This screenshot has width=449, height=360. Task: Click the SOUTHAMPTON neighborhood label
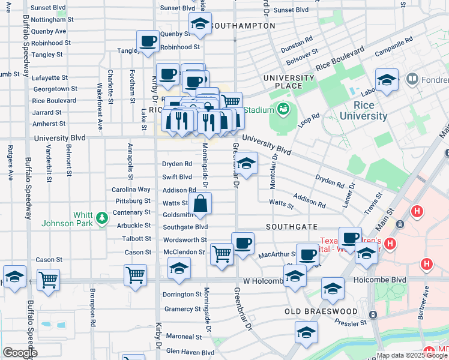coord(244,26)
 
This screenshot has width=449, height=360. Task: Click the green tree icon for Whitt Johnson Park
coord(102,216)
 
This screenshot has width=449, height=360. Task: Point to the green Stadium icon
coord(283,109)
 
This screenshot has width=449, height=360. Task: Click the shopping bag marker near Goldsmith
coord(201,203)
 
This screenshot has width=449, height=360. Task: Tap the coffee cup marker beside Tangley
coord(147,41)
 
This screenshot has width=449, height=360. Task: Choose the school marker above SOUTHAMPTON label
coord(199,24)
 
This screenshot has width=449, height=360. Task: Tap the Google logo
coord(20,353)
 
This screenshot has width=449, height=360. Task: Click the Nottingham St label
coord(52,19)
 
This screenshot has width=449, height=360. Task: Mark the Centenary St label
coord(131,212)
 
